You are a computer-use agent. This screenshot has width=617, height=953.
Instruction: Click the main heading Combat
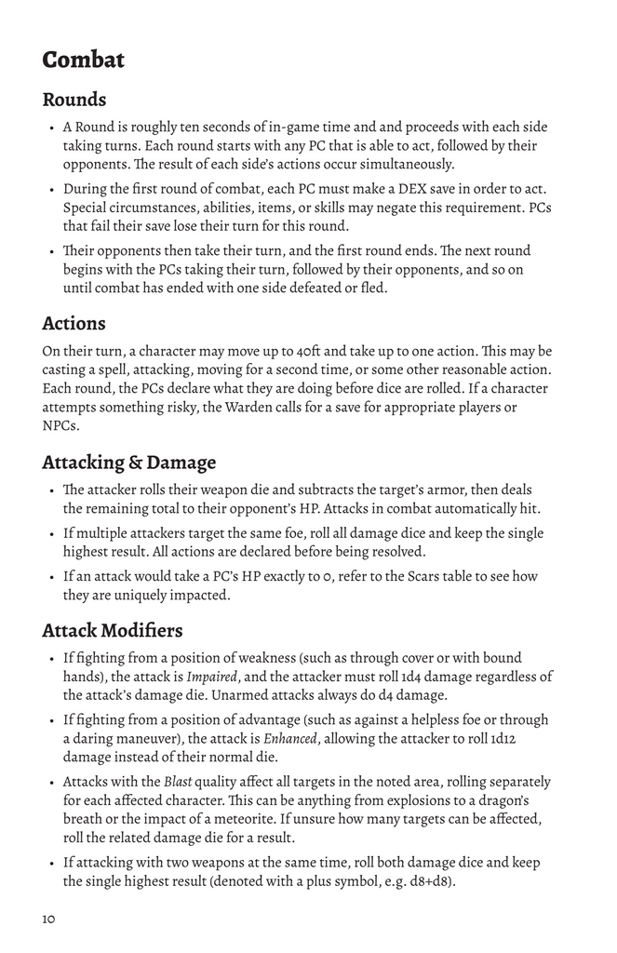84,60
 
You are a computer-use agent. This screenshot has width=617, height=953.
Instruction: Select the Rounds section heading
74,100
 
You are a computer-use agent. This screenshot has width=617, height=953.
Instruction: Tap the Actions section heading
74,324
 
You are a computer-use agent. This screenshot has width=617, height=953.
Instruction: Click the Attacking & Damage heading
128,463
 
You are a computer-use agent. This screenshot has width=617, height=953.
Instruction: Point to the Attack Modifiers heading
113,630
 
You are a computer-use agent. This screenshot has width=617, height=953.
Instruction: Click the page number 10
48,919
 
